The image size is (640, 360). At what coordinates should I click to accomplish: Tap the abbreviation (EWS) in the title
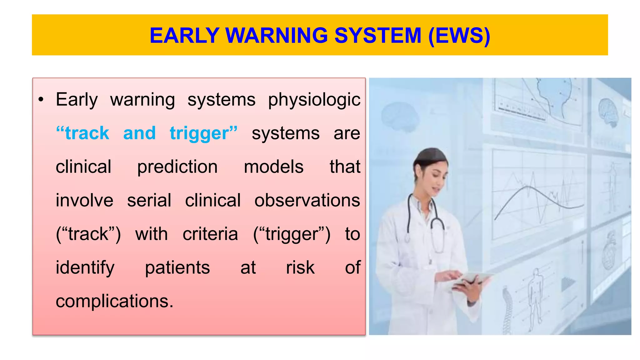(459, 35)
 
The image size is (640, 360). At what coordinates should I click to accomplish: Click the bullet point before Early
(41, 100)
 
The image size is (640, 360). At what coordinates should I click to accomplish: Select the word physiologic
(314, 100)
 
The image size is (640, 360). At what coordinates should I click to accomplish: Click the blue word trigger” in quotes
(203, 133)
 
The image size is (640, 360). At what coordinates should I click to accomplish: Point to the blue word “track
(82, 133)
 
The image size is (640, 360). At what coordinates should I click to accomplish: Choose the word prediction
(177, 167)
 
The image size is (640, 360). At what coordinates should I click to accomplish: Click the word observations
(307, 200)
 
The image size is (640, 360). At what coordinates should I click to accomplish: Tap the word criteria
(210, 234)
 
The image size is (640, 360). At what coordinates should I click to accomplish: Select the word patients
(177, 267)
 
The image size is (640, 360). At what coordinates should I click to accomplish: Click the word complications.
(114, 301)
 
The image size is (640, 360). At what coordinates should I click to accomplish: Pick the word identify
(85, 267)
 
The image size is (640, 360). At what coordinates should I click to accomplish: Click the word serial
(149, 200)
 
